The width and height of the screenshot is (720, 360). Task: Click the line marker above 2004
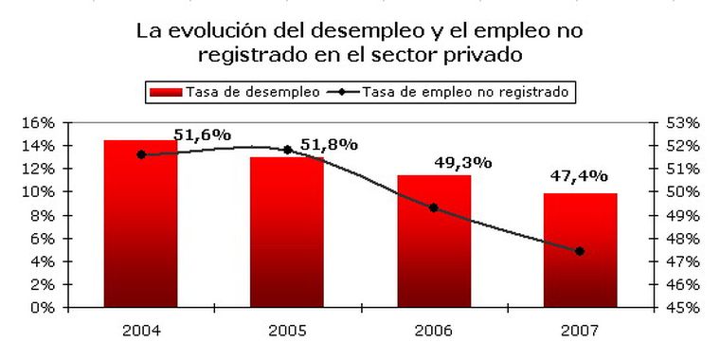(x=141, y=154)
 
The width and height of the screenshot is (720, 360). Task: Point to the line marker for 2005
(x=287, y=150)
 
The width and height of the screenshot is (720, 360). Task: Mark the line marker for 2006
(x=434, y=207)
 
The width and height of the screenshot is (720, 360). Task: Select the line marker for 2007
(x=580, y=251)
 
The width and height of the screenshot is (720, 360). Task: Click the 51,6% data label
(x=202, y=135)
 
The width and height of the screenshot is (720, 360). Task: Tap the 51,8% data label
(x=329, y=144)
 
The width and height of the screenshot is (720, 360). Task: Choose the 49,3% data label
(x=462, y=162)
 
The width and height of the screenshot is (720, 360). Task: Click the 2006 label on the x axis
(x=434, y=330)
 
